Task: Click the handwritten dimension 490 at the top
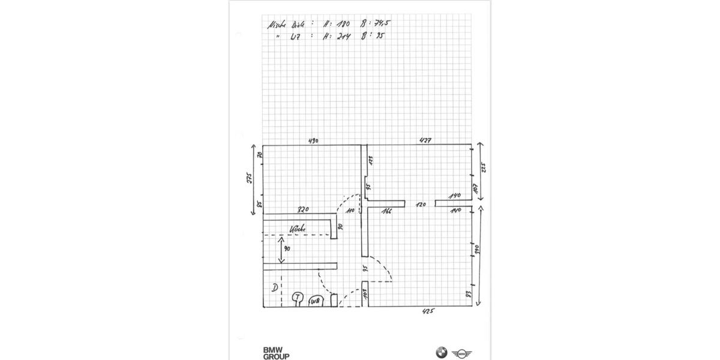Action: pos(313,142)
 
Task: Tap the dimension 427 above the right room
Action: pos(425,140)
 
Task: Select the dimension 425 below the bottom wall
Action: pos(427,311)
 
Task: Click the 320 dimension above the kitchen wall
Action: pos(304,210)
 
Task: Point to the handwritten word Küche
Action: pos(298,229)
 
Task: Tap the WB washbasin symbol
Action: pos(316,301)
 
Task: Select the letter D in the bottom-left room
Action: pos(274,288)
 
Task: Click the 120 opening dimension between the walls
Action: pos(421,205)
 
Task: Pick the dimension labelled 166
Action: pos(386,211)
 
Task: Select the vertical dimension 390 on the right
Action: pos(478,249)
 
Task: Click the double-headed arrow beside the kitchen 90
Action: pos(280,250)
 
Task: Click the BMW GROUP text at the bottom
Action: pos(275,353)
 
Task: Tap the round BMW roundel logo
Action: pos(442,353)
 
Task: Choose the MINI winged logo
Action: pos(463,353)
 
